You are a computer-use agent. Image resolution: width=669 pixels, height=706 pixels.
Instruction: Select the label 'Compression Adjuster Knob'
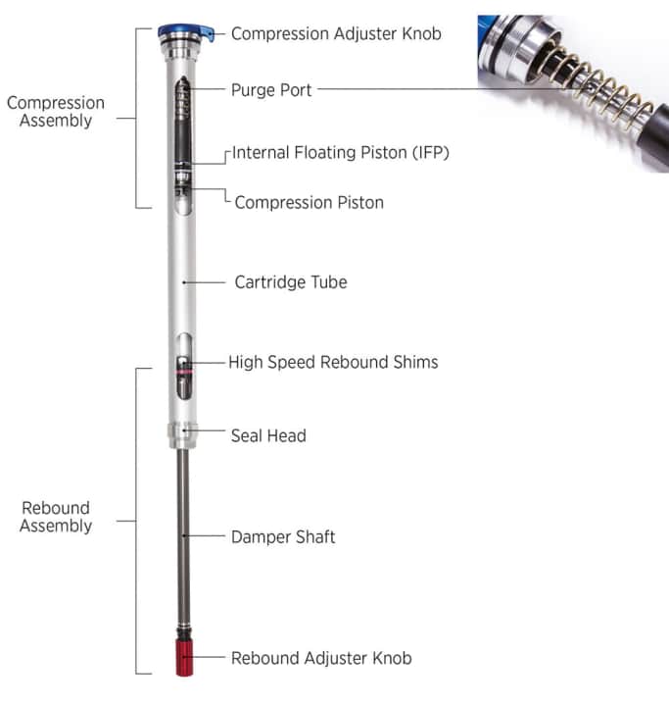tap(335, 33)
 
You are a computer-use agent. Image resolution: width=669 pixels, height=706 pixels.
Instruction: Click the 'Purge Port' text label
tap(271, 89)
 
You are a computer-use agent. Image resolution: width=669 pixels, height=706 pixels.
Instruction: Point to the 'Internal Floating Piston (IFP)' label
tap(340, 153)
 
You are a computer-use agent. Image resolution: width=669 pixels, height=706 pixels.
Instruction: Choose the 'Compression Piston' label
tap(309, 202)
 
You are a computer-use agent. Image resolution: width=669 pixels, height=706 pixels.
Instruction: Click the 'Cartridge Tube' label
tap(290, 282)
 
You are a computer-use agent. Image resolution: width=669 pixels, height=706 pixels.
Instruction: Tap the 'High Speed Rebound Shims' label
tap(333, 362)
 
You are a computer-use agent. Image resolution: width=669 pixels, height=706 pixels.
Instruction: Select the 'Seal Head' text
tap(268, 435)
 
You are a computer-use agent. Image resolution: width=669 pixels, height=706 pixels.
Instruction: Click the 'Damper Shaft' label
tap(283, 537)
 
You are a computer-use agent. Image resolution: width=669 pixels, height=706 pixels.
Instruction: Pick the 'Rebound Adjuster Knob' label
tap(321, 658)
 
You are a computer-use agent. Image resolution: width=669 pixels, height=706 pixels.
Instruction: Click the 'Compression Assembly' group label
tap(55, 112)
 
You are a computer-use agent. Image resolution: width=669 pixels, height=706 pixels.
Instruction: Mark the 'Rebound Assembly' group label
tap(56, 517)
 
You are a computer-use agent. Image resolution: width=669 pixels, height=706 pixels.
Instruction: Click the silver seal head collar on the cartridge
tap(183, 432)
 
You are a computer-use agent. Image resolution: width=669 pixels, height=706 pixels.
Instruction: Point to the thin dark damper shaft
tap(183, 539)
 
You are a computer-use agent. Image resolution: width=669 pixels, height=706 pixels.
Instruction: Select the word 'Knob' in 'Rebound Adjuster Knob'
tap(390, 658)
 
